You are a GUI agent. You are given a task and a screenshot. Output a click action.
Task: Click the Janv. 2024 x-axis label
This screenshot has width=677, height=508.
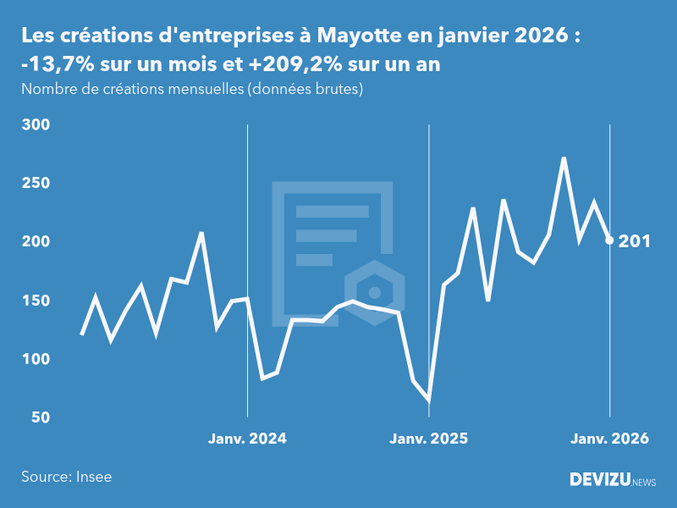click(247, 439)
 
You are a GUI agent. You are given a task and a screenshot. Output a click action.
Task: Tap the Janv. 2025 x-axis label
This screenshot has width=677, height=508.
click(428, 439)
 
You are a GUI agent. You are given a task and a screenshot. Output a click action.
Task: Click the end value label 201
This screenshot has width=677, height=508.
click(635, 241)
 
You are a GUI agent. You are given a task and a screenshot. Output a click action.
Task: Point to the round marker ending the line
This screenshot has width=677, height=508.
click(609, 240)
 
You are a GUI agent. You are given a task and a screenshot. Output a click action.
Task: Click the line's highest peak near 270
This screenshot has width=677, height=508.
click(564, 158)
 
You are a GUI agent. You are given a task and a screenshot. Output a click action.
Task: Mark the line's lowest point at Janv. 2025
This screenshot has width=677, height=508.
click(428, 400)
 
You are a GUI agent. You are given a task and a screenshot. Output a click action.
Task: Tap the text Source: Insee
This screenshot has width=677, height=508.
click(66, 477)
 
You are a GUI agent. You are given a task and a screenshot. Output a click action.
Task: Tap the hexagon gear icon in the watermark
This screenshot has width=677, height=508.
click(374, 293)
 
